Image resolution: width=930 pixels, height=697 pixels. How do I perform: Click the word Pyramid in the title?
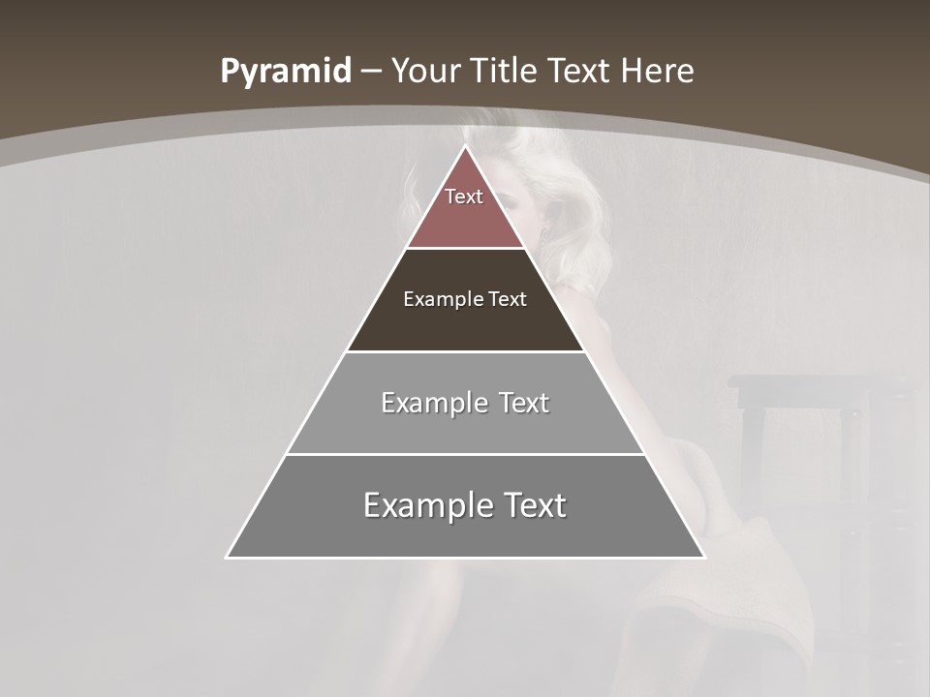286,72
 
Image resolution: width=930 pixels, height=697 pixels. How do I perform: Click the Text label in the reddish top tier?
464,197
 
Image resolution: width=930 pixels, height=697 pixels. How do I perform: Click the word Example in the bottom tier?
426,505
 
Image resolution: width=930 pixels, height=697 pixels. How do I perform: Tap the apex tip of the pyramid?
466,147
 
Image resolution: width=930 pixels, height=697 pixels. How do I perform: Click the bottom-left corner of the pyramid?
228,557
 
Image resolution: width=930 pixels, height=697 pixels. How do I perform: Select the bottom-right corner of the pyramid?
704,557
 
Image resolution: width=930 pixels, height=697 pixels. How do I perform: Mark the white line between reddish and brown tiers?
466,248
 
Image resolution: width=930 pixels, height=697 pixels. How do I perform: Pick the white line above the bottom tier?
466,454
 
